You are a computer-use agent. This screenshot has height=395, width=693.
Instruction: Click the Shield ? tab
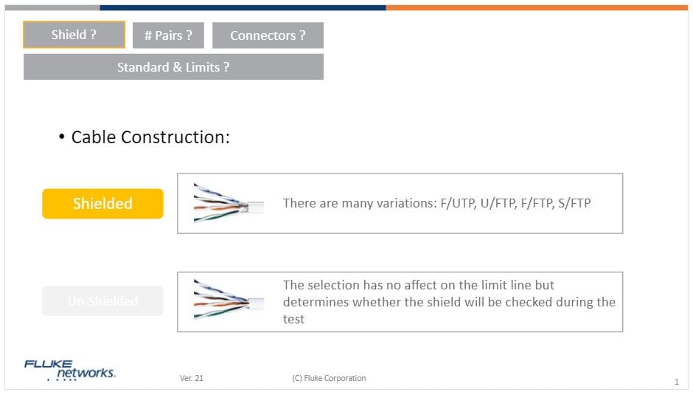74,35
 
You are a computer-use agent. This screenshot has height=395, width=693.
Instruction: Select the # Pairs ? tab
168,35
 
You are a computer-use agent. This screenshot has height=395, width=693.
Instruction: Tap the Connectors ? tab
268,35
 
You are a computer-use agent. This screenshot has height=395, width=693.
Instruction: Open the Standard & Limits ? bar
173,67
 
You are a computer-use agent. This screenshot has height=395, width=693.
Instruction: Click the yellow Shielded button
102,204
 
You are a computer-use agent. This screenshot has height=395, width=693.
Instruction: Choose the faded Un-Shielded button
102,301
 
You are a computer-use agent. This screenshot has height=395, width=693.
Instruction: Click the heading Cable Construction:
150,137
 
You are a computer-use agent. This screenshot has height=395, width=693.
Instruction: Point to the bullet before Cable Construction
62,138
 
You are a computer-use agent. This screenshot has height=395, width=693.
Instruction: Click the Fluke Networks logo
69,370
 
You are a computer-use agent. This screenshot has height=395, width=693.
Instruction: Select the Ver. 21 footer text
192,379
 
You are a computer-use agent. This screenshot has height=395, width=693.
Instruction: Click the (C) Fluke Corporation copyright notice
329,379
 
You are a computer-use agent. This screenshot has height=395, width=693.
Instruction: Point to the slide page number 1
676,382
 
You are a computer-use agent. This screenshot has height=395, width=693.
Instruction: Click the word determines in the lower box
316,302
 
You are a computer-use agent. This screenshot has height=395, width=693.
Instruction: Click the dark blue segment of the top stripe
243,8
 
